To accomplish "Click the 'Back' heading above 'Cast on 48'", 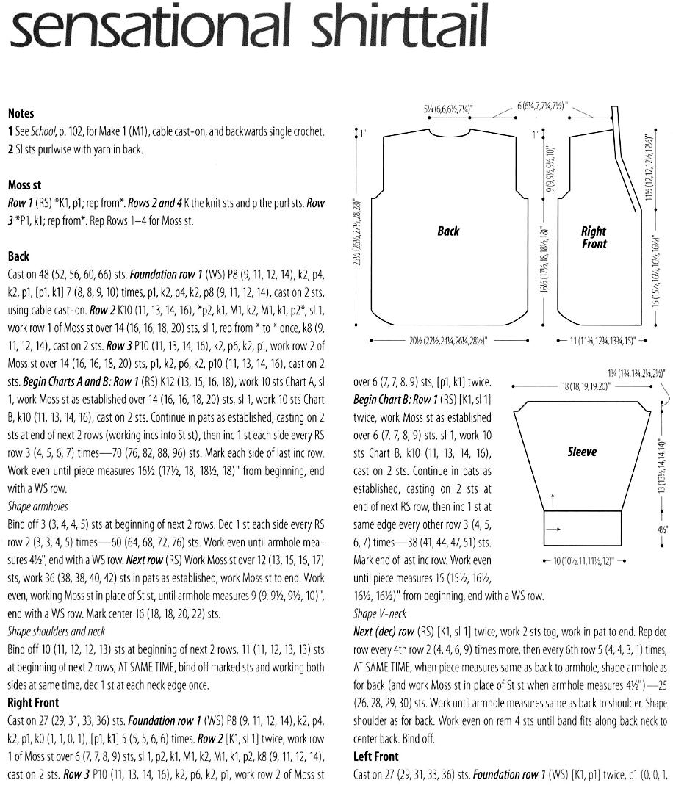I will pyautogui.click(x=18, y=256).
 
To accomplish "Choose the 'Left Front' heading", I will pyautogui.click(x=376, y=756).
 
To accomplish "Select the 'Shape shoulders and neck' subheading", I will pyautogui.click(x=57, y=631).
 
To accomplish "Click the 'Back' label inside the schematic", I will pyautogui.click(x=448, y=231).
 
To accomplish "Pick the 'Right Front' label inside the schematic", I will pyautogui.click(x=594, y=237).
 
